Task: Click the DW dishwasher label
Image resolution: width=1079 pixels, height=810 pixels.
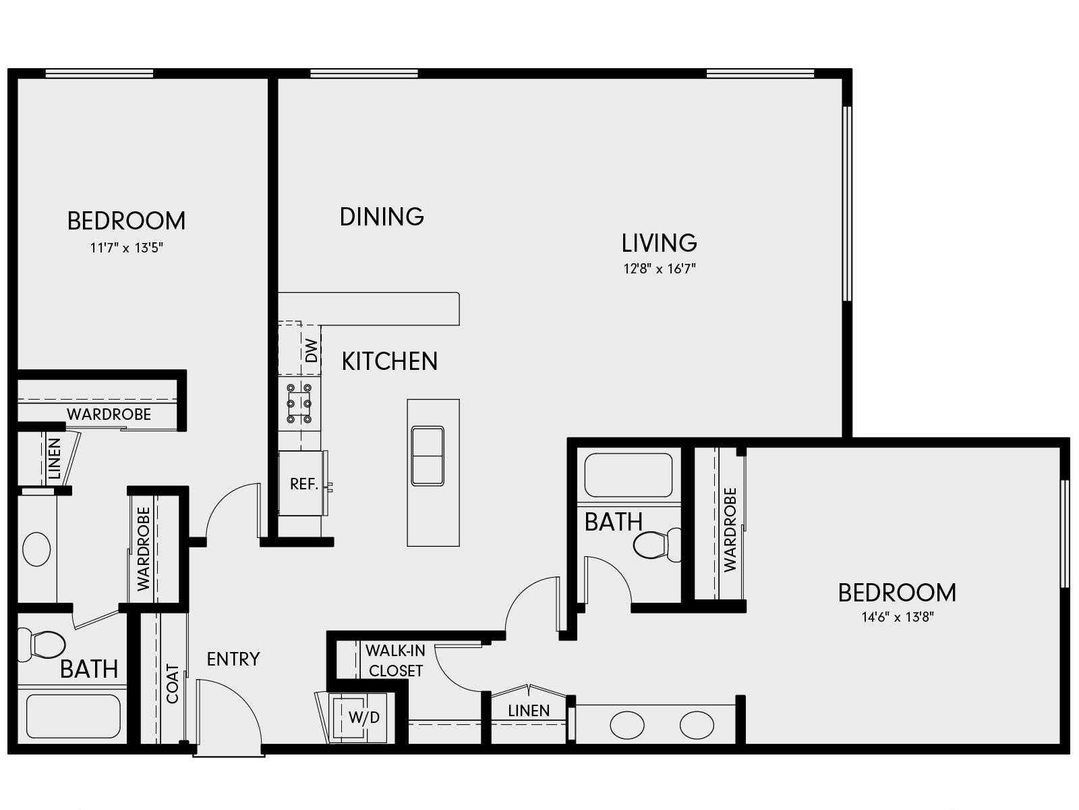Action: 311,351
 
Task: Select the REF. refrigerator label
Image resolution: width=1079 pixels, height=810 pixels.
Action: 304,484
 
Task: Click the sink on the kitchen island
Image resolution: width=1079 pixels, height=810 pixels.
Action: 428,456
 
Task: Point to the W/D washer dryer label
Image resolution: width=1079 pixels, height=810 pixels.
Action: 363,718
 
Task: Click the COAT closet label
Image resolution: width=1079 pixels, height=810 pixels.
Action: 173,684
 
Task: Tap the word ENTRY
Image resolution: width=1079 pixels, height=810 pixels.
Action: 233,659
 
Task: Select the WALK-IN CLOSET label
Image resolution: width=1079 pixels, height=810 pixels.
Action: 395,661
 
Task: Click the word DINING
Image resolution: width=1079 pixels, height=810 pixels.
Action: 382,217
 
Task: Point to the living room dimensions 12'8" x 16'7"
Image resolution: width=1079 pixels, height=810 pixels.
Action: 659,269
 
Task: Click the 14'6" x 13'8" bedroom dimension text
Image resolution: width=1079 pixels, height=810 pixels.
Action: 897,616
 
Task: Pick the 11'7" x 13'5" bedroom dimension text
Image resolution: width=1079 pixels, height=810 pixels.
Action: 127,248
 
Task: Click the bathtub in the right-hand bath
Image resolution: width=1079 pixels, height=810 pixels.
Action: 628,475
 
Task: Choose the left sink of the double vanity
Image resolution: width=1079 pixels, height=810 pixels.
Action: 627,726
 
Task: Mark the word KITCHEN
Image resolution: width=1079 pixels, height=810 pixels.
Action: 390,362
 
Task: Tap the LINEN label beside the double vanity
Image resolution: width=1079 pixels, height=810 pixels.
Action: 529,710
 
